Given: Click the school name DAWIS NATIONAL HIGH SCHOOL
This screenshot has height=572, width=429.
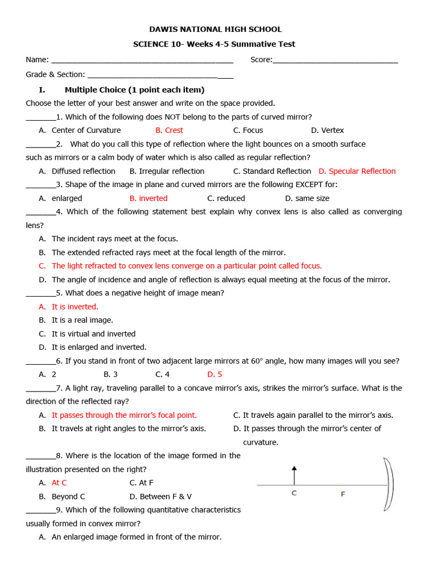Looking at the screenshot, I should tap(215, 29).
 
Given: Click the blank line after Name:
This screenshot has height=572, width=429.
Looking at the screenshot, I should tap(142, 60).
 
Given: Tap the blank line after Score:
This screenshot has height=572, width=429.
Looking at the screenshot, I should tap(335, 60).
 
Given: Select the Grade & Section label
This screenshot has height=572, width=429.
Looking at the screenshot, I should tap(55, 74).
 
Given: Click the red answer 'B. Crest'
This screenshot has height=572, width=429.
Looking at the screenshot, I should tap(169, 130).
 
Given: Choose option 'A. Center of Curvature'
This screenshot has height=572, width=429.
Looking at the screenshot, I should tap(80, 130).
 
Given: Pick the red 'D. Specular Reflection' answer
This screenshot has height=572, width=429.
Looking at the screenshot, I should tap(357, 171).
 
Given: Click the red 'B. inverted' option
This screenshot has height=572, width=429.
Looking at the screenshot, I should tap(149, 198).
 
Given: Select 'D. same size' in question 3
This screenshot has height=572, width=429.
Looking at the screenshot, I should tap(307, 198).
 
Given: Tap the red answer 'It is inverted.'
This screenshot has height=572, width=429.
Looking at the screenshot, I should tap(75, 307).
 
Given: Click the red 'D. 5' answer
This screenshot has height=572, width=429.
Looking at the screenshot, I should tap(214, 374).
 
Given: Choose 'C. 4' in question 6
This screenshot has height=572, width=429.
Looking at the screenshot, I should tap(163, 374).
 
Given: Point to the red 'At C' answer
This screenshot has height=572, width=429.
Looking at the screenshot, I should tap(59, 483).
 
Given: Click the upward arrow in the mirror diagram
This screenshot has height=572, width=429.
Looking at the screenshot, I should tap(294, 475).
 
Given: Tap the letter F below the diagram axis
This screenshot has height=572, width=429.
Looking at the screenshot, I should tap(343, 494).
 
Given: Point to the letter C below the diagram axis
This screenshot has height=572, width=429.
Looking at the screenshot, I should tap(294, 494).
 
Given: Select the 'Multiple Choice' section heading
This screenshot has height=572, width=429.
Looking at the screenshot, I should tap(135, 89).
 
